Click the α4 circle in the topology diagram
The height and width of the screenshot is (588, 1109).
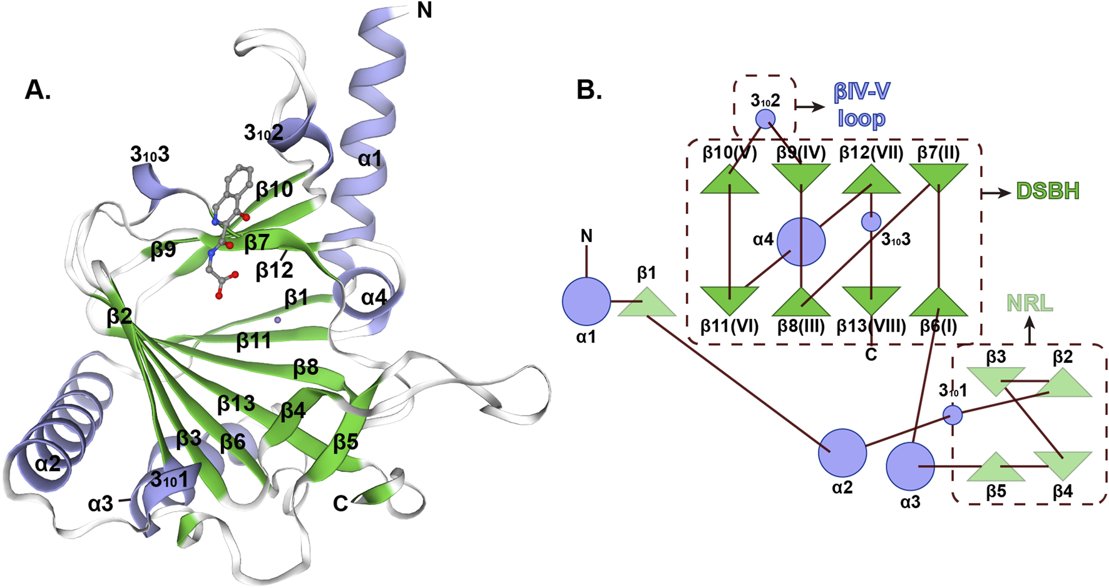click(x=801, y=242)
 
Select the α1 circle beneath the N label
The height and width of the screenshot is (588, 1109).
click(x=586, y=301)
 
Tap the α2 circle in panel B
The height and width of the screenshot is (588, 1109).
click(x=842, y=453)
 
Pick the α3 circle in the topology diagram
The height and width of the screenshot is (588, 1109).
click(x=910, y=467)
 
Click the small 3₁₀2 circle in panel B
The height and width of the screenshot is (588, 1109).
click(x=765, y=119)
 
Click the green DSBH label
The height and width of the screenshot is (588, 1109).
click(x=1048, y=191)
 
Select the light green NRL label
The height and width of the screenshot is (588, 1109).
click(x=1030, y=304)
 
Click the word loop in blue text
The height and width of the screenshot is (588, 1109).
click(x=861, y=119)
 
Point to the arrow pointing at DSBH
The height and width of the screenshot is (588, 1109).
click(x=996, y=193)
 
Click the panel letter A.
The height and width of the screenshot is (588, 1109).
click(x=38, y=91)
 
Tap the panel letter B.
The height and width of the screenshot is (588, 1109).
click(x=589, y=91)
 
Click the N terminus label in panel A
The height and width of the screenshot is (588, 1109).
click(x=424, y=11)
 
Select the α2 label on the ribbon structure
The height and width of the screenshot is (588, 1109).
click(x=48, y=464)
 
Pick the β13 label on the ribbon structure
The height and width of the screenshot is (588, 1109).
click(x=236, y=404)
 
